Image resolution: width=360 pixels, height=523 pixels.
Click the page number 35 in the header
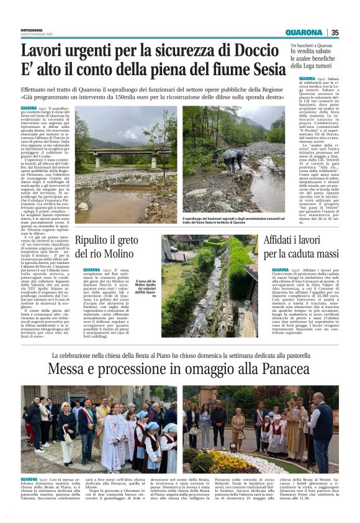click(335, 32)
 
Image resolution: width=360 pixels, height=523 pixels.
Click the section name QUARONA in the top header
click(304, 32)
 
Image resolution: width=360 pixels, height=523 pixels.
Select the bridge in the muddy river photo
click(122, 152)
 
